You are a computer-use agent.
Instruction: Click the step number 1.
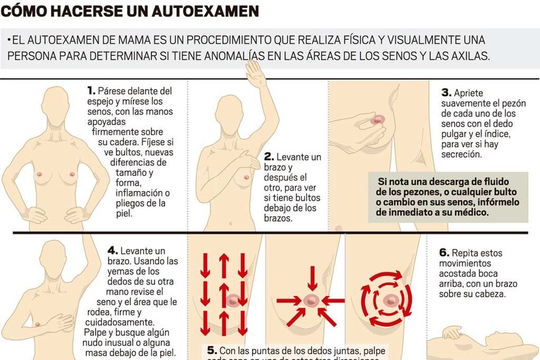click(91, 91)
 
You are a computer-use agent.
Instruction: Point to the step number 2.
click(269, 157)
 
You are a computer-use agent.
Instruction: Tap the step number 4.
click(112, 250)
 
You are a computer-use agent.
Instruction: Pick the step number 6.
click(444, 253)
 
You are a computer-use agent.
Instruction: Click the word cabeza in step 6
click(488, 294)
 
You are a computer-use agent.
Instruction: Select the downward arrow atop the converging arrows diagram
click(312, 277)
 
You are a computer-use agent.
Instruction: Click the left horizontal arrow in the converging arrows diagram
click(289, 301)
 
